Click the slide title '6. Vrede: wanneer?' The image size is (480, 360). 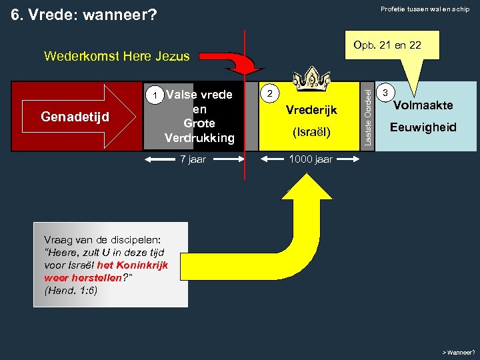pyautogui.click(x=85, y=14)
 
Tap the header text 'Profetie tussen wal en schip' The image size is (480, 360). pyautogui.click(x=425, y=9)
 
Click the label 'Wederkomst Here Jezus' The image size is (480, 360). pyautogui.click(x=117, y=57)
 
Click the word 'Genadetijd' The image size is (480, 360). pyautogui.click(x=75, y=117)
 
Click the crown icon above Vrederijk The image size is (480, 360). pyautogui.click(x=311, y=79)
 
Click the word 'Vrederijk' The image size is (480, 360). pyautogui.click(x=311, y=110)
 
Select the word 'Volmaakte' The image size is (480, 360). pyautogui.click(x=423, y=105)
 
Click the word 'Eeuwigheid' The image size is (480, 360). pyautogui.click(x=423, y=127)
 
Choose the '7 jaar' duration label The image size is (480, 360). pyautogui.click(x=194, y=160)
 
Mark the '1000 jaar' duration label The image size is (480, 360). pyautogui.click(x=310, y=160)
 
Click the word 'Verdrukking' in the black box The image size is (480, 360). pyautogui.click(x=199, y=138)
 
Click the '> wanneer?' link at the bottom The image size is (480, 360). pyautogui.click(x=459, y=352)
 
